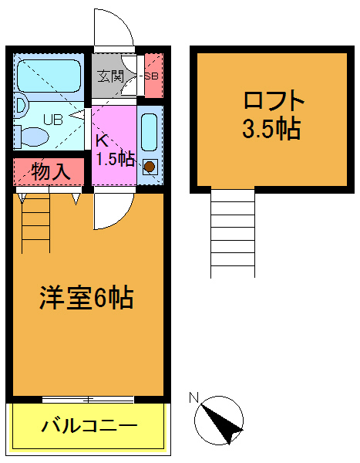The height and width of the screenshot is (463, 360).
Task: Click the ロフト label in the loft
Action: pos(274,102)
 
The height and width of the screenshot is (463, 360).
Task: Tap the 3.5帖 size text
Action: pos(271,128)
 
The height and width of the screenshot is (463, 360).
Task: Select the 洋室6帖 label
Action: pos(86,297)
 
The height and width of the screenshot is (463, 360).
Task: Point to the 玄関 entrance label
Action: pos(110,76)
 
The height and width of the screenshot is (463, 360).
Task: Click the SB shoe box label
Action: pos(152,76)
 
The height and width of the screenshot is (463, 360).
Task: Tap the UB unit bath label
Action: pos(52,119)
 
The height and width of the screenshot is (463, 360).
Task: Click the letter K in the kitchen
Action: pos(101,140)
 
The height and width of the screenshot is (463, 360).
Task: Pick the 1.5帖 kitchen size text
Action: pos(115,160)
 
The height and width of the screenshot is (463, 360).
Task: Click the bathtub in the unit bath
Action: pos(48,76)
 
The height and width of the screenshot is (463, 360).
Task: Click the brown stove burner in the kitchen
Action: pos(150,165)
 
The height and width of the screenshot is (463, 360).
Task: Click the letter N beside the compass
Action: pos(194,398)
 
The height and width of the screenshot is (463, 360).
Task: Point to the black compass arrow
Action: pos(225,424)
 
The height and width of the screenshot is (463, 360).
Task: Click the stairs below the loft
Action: pos(232,231)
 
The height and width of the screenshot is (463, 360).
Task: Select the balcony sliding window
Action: pos(88,399)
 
